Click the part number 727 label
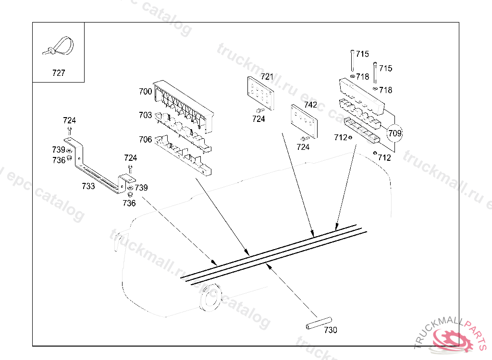(58, 73)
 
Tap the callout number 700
(145, 91)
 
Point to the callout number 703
(145, 115)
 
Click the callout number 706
(145, 140)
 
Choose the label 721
(267, 77)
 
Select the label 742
(310, 105)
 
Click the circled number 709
(394, 133)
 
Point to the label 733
(88, 186)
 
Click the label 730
(331, 330)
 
